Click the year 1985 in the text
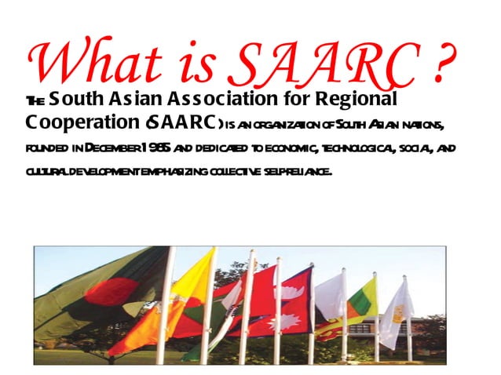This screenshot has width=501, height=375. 155,148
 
